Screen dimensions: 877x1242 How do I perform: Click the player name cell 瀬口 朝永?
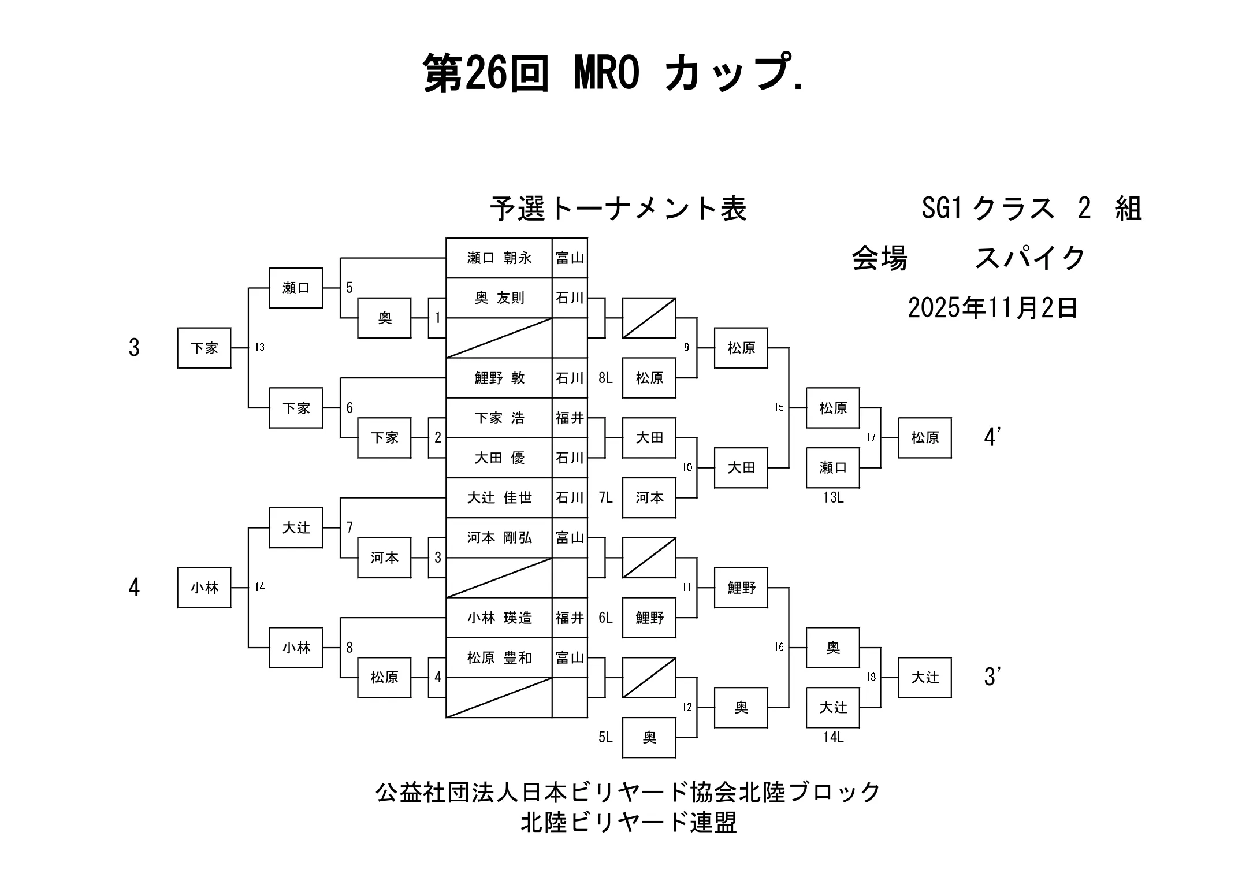(x=499, y=258)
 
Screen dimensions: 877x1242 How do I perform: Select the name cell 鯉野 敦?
(x=499, y=378)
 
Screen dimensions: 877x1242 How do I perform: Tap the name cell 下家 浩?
(x=499, y=418)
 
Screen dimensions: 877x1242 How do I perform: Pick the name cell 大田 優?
(x=499, y=458)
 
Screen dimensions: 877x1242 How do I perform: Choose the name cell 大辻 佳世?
(x=499, y=497)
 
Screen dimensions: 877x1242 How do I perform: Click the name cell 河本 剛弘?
(x=499, y=538)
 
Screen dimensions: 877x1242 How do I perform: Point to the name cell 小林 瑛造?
(x=499, y=618)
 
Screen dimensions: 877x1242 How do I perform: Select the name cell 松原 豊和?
(x=499, y=657)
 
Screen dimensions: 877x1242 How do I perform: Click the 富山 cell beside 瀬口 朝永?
(x=570, y=258)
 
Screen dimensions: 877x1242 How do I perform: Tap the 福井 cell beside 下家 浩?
(x=570, y=418)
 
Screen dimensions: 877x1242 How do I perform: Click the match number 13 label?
(x=259, y=347)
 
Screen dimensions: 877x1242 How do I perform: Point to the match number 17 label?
(x=871, y=437)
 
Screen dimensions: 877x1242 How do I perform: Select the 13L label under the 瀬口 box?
(x=833, y=497)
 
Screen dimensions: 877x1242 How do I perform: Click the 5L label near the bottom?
(x=605, y=737)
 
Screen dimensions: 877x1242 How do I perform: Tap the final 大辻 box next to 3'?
(x=924, y=677)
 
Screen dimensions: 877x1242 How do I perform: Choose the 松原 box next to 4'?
(x=924, y=437)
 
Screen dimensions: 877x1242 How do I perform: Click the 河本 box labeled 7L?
(x=649, y=497)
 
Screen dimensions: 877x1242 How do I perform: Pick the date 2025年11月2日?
(x=992, y=308)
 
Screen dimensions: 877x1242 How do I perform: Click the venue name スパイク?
(x=1030, y=258)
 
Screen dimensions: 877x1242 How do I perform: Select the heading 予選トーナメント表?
(x=618, y=209)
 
